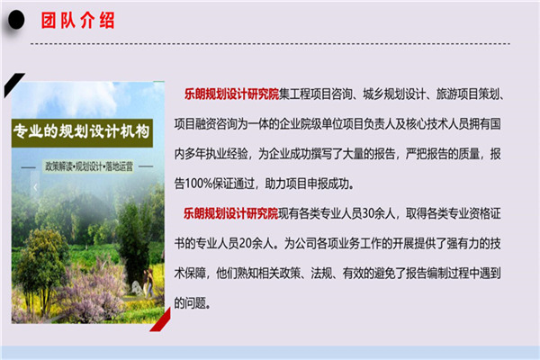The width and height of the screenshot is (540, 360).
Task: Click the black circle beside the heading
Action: (x=16, y=20)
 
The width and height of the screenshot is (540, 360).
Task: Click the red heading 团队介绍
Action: (x=77, y=21)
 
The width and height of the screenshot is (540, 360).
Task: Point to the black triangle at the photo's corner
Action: (x=13, y=84)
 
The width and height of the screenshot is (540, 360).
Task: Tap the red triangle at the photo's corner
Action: (x=161, y=320)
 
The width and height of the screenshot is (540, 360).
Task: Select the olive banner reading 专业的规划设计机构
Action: (x=82, y=132)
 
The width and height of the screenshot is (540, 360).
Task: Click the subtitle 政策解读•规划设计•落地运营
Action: (x=89, y=166)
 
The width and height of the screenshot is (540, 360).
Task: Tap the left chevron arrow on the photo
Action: (x=35, y=187)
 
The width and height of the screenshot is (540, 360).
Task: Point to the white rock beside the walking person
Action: (x=138, y=288)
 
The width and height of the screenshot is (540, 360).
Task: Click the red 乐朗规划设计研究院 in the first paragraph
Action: (x=231, y=94)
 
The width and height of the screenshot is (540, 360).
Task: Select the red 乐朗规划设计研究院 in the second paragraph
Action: (x=230, y=213)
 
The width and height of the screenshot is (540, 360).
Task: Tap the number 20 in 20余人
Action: (x=245, y=244)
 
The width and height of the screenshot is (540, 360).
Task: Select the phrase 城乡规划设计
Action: (x=394, y=94)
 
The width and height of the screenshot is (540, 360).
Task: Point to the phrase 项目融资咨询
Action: (x=205, y=124)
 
